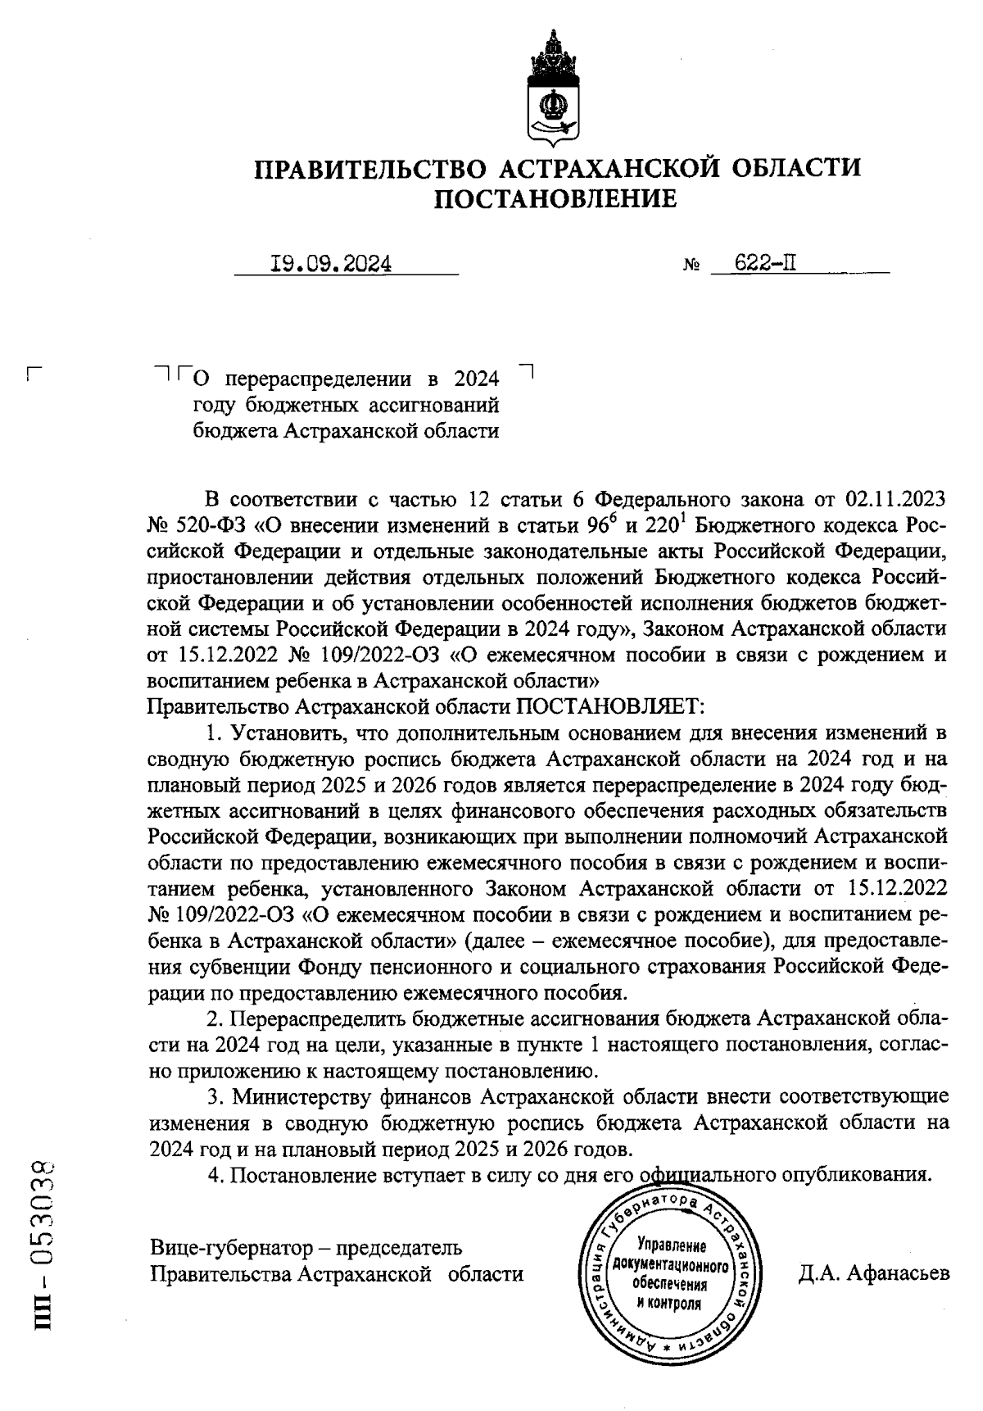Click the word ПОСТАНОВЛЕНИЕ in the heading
(x=555, y=198)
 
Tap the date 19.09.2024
(x=331, y=264)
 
